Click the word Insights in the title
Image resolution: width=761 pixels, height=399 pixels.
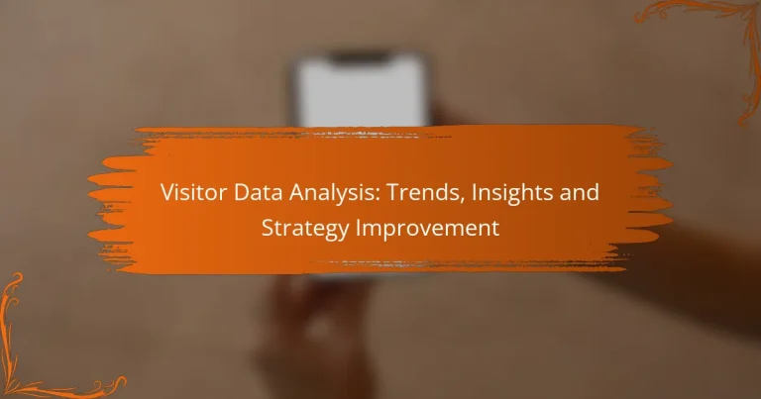(x=492, y=193)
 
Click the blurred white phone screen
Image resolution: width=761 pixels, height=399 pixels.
(x=363, y=89)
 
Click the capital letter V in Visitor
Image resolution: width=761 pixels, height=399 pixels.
(x=166, y=193)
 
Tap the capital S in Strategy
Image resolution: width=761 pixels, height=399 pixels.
(x=267, y=227)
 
